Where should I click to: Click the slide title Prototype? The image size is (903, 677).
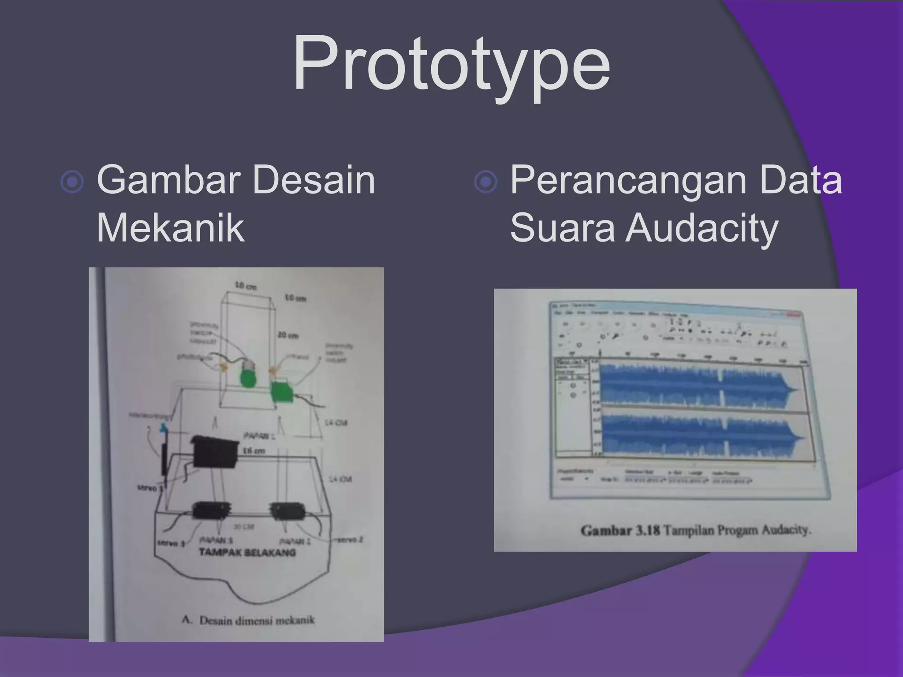[451, 64]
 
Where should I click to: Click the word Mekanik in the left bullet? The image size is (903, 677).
[170, 228]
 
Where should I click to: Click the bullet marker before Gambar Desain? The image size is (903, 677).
[72, 182]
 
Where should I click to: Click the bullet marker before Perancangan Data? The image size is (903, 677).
[485, 182]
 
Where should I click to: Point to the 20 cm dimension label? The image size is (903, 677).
[288, 335]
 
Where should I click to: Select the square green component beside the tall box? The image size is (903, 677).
[282, 391]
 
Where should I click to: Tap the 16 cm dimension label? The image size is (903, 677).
[254, 451]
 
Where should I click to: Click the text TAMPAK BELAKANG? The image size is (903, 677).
[247, 552]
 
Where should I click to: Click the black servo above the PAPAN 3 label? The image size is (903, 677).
[212, 510]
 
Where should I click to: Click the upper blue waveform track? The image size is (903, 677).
[699, 384]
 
